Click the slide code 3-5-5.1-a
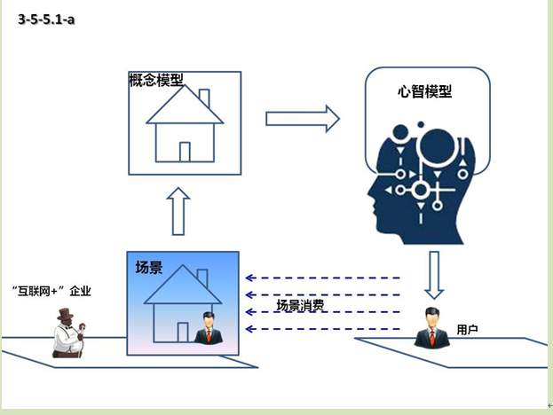click(46, 20)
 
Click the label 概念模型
click(156, 80)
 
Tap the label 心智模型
click(425, 90)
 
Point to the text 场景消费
click(300, 306)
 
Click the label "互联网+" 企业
click(52, 290)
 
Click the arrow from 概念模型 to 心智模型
click(302, 118)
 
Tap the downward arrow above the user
click(432, 276)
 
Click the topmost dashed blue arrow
click(323, 278)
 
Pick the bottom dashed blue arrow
click(323, 329)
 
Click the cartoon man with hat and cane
click(67, 333)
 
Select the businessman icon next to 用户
click(431, 327)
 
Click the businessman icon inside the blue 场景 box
click(209, 329)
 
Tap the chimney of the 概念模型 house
click(204, 98)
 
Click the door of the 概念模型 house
click(185, 152)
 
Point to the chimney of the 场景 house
click(201, 278)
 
